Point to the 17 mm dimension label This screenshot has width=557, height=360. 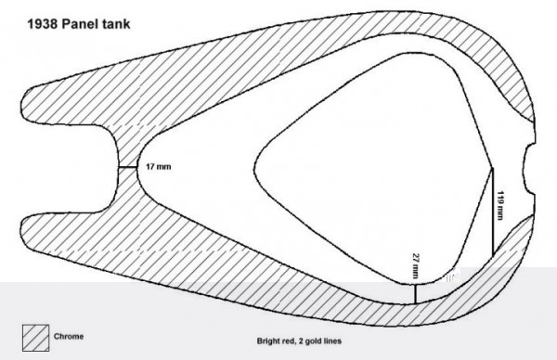coord(156,166)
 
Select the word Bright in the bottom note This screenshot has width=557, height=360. coord(269,341)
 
